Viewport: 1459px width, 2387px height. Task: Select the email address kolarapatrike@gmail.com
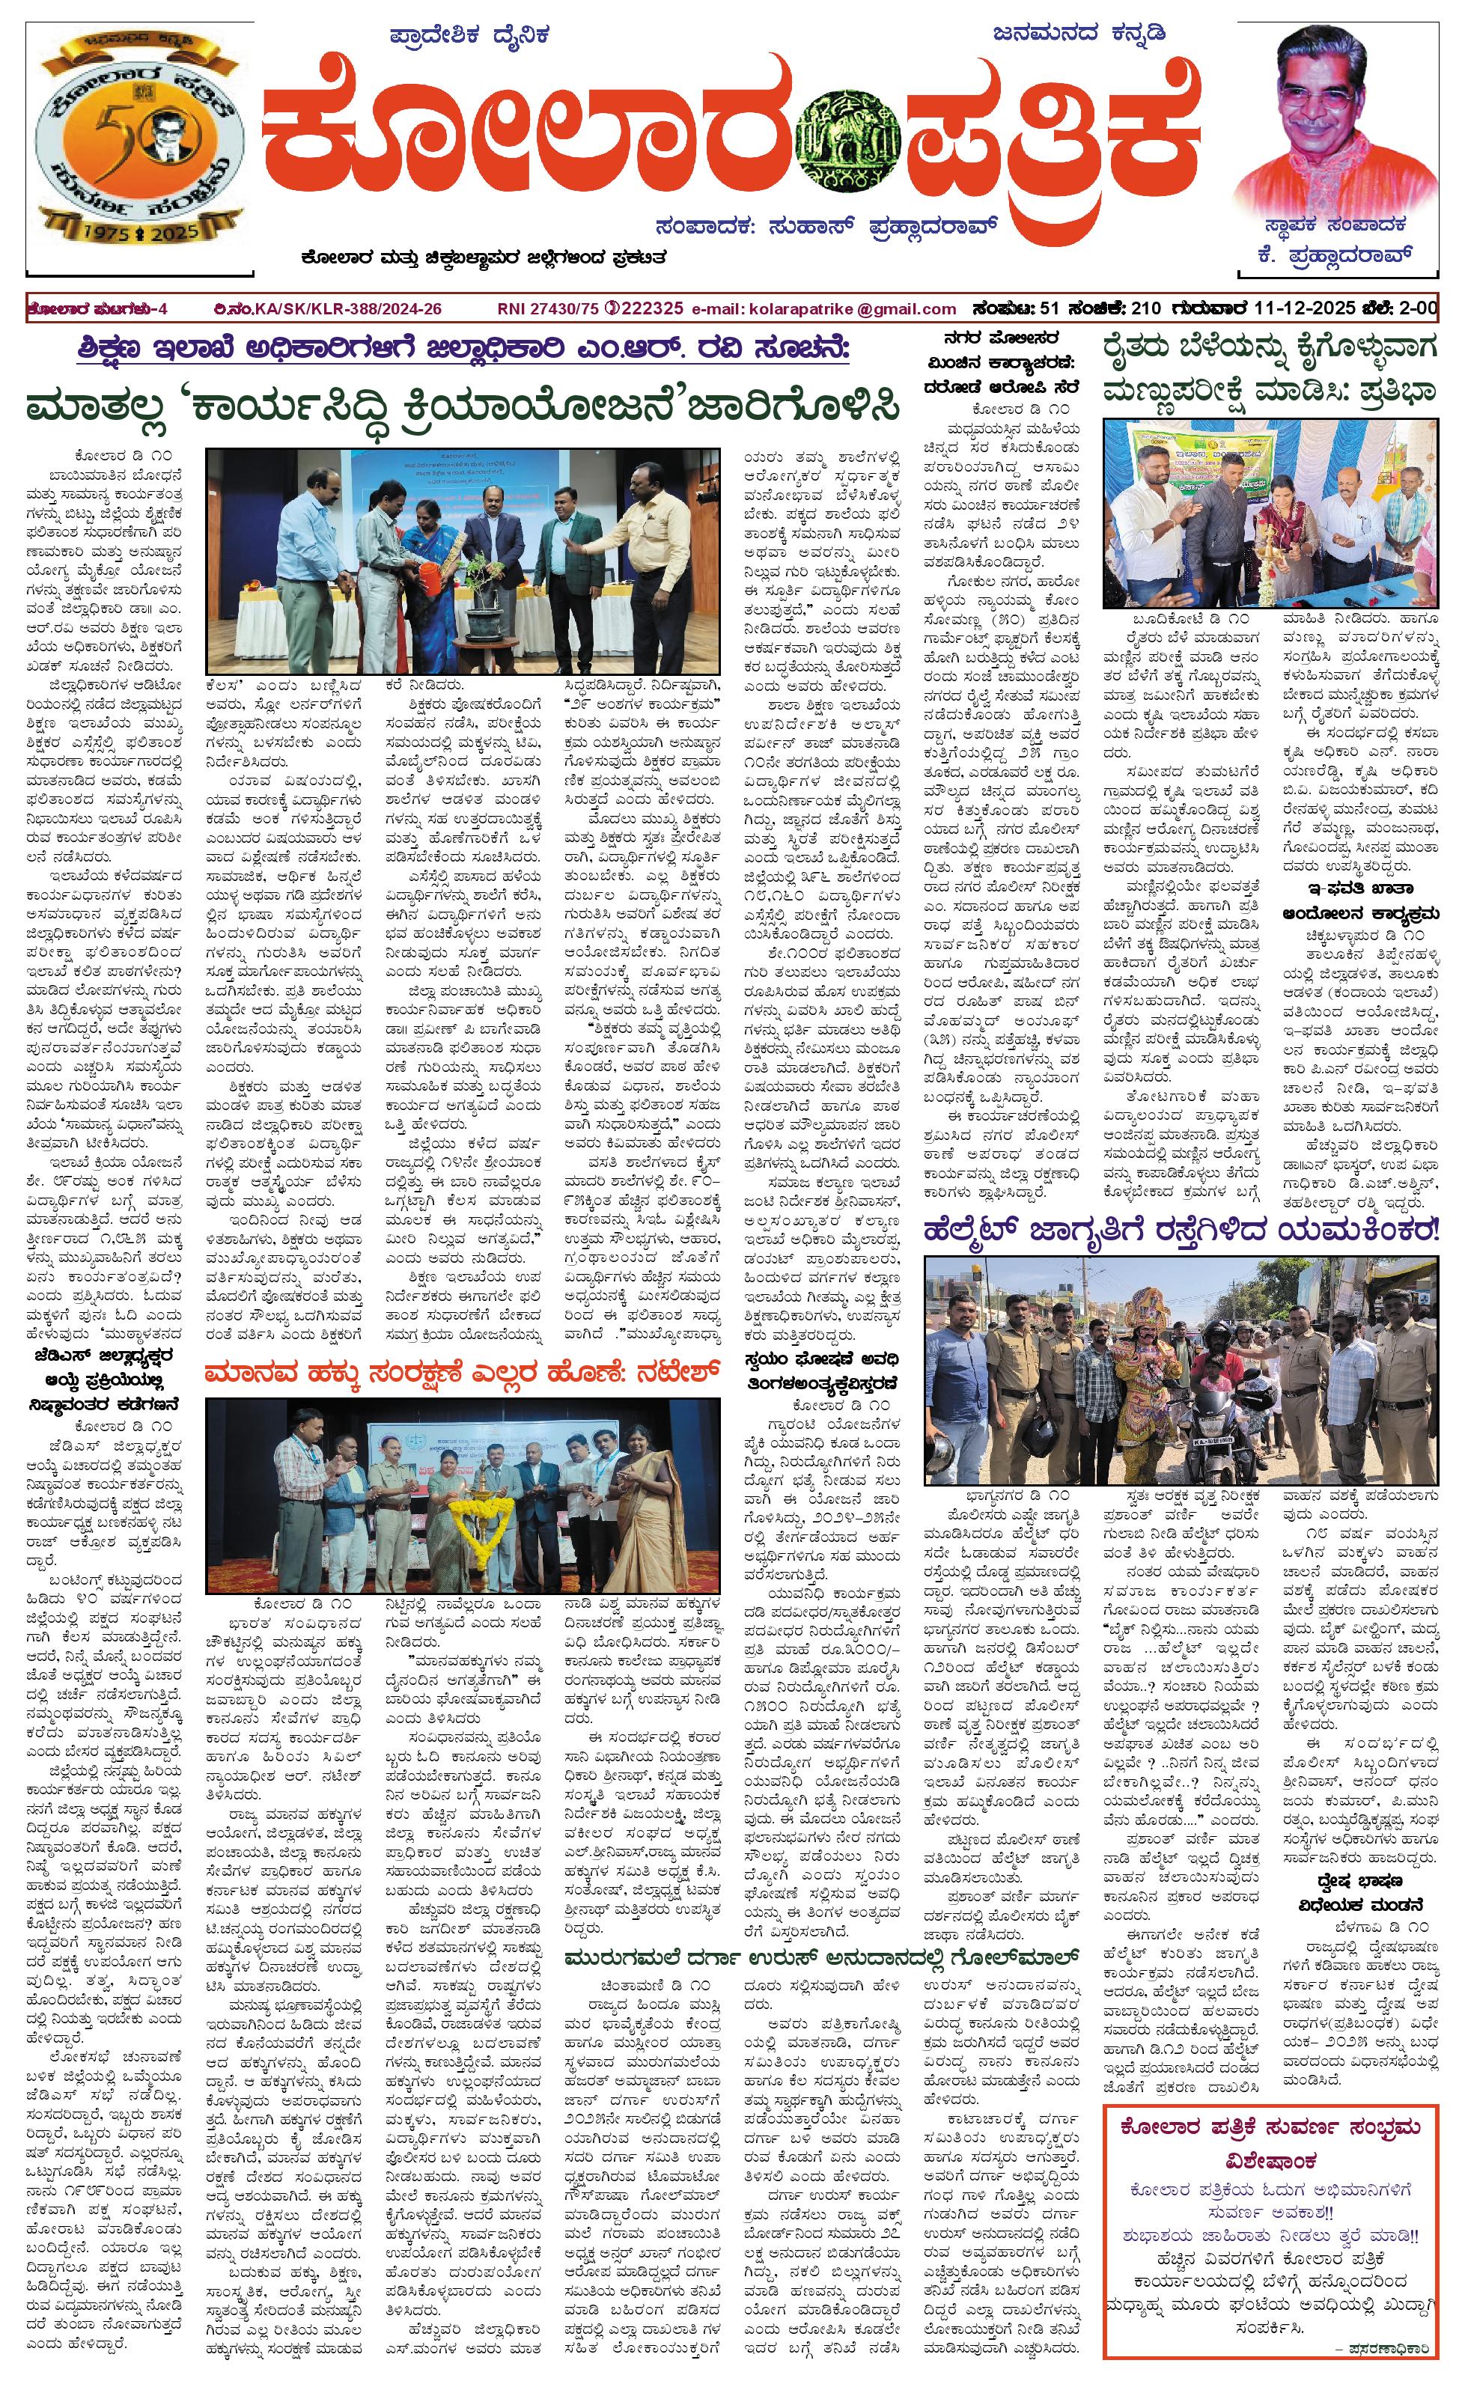point(823,309)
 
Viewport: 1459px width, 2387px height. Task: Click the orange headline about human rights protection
point(463,1372)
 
